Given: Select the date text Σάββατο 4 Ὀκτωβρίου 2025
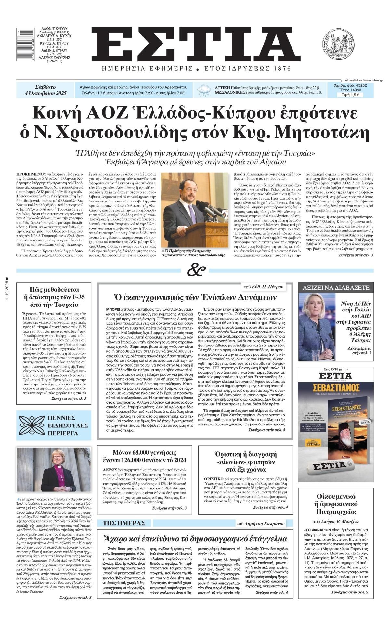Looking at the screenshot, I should pyautogui.click(x=45, y=90).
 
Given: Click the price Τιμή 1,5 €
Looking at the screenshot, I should pyautogui.click(x=354, y=95).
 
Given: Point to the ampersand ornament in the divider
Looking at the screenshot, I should pyautogui.click(x=196, y=270).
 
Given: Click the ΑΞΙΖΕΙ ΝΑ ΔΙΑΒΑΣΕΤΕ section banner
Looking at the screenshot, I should pyautogui.click(x=336, y=288).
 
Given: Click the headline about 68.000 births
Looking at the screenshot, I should pyautogui.click(x=149, y=456).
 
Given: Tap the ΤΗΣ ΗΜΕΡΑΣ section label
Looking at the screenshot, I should pyautogui.click(x=122, y=523).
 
